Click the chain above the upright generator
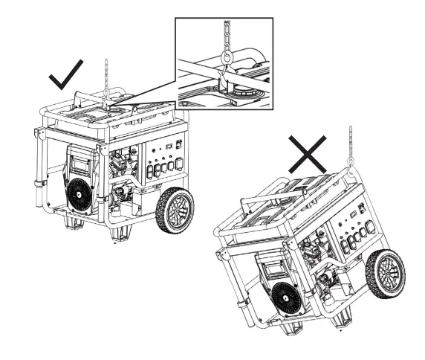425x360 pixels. [x=108, y=74]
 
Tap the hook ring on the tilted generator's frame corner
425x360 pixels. [x=348, y=176]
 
